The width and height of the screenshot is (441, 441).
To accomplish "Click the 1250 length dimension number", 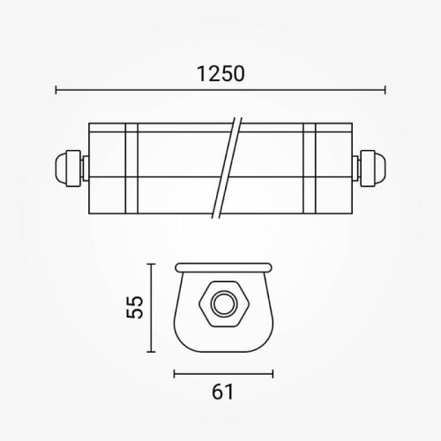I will click(x=220, y=74).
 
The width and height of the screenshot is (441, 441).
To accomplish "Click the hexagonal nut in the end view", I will click(x=220, y=305).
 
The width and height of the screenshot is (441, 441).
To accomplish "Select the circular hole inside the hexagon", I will click(x=220, y=305).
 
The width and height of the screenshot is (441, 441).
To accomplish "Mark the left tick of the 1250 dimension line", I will click(x=56, y=89).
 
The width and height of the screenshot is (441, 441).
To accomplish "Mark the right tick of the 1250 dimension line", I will click(x=385, y=89).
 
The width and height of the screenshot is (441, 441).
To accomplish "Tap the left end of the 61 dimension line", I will click(x=175, y=371).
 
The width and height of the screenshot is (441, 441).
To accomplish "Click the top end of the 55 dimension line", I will click(x=153, y=262).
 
